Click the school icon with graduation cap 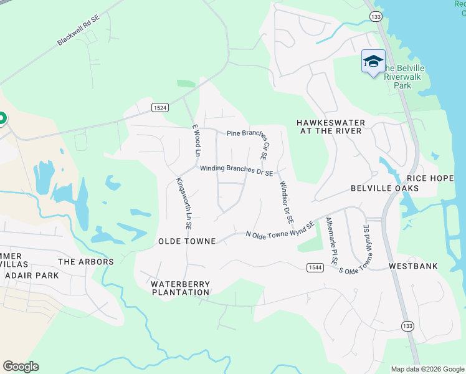pos(373,61)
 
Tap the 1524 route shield pos(159,108)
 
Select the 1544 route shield pos(315,267)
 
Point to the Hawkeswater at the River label pos(329,127)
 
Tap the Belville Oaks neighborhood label pos(381,188)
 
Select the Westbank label pos(413,266)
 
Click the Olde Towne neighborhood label pos(187,241)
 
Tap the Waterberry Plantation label pos(181,288)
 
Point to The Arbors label pos(86,262)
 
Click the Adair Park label pos(31,275)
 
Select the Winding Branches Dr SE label pos(237,170)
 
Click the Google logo pos(21,367)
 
